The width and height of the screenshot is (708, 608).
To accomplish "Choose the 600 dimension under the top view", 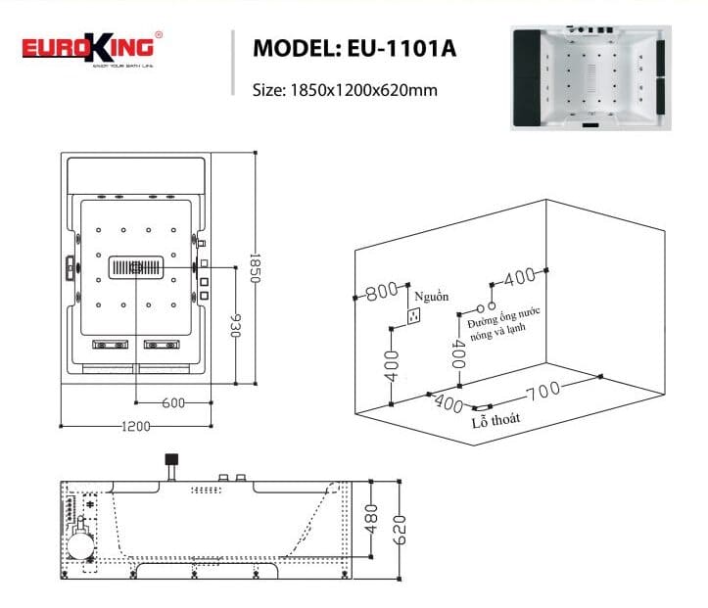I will [173, 402].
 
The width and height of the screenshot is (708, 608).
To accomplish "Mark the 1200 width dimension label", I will [136, 426].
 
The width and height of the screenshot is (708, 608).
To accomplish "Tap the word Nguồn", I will [430, 295].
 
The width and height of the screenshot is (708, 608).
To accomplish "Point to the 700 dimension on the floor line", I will [543, 391].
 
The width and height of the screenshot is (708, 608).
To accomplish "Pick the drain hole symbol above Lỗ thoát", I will [481, 407].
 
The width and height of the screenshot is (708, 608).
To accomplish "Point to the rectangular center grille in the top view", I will [135, 265].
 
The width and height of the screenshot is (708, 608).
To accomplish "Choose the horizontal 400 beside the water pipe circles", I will [519, 277].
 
